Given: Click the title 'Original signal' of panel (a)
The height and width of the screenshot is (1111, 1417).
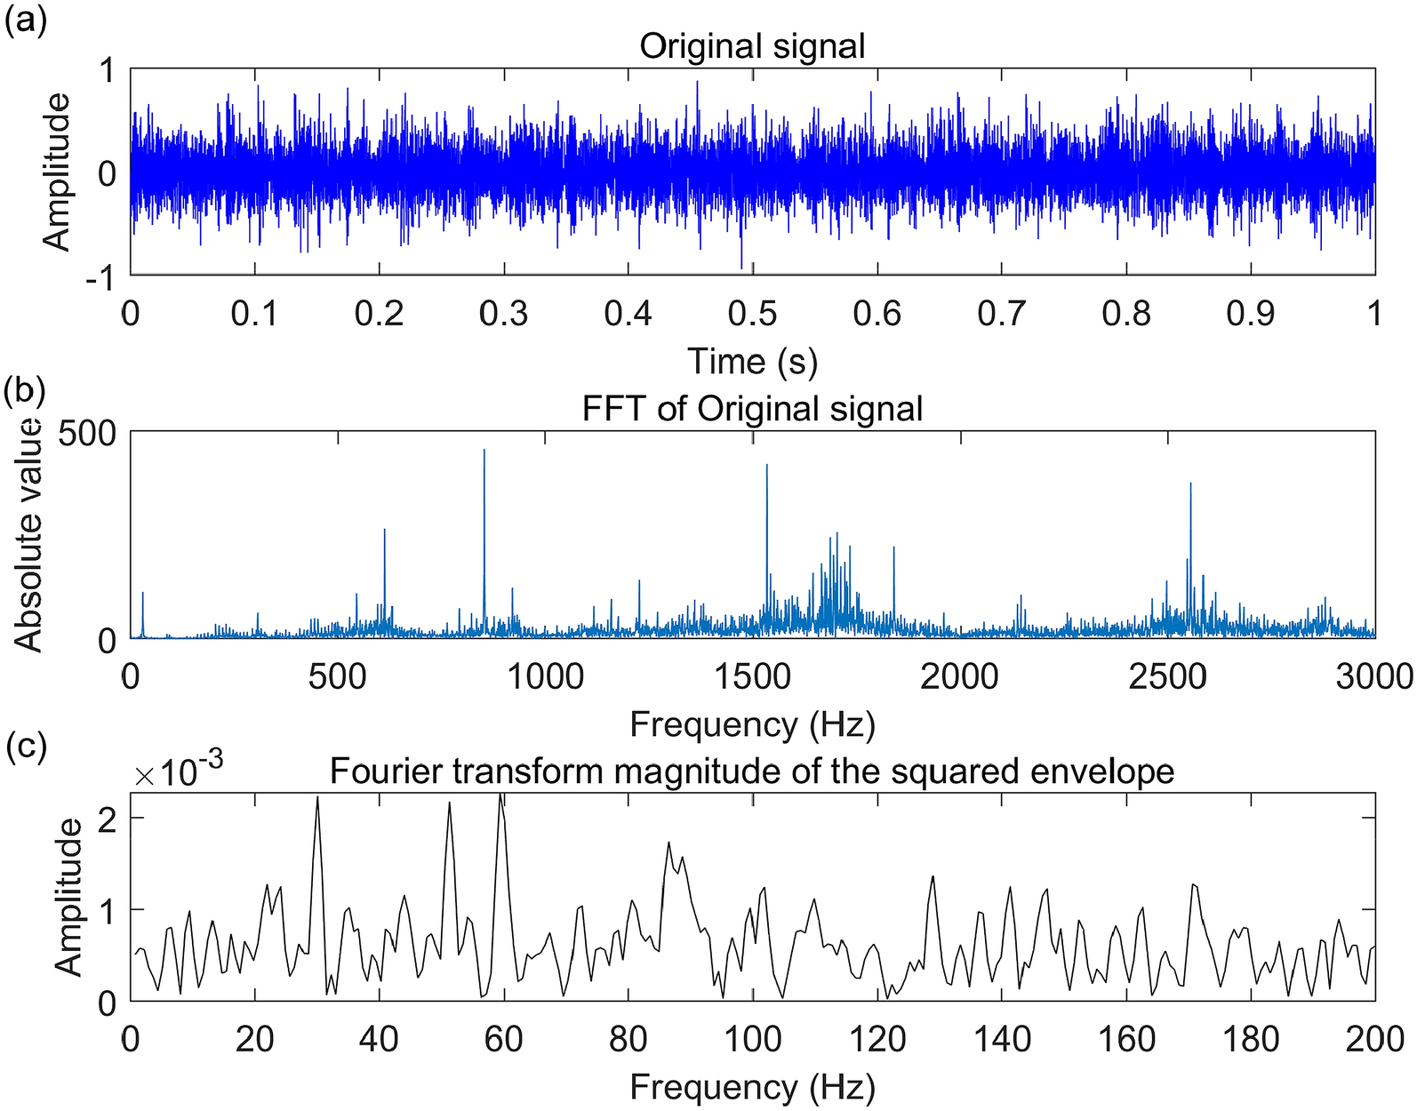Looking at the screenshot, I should tap(752, 46).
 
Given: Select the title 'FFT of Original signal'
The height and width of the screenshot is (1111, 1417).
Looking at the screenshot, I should tap(752, 409).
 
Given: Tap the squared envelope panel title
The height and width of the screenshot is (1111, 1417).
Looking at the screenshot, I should tap(752, 771).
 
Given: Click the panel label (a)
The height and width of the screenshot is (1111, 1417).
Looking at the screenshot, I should tap(24, 20).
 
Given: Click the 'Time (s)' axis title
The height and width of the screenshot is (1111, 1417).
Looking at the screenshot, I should tap(752, 362).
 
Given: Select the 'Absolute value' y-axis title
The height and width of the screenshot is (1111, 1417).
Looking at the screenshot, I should tap(29, 535).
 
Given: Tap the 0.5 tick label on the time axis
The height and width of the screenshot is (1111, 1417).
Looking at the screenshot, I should tap(752, 314).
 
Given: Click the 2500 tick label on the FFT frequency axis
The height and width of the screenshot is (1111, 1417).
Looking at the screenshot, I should tap(1166, 677).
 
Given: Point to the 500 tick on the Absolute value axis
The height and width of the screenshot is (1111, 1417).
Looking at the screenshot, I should tap(86, 434).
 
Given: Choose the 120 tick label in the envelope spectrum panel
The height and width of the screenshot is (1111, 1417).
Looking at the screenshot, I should tap(877, 1038).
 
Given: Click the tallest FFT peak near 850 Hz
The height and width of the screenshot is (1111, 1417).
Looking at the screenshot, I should tap(484, 451).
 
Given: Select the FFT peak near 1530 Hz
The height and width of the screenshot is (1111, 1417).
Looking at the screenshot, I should tap(767, 466).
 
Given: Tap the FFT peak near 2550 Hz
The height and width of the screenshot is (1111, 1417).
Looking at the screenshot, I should tap(1190, 484).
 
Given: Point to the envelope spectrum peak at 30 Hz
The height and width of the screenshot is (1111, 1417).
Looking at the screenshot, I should tap(317, 798).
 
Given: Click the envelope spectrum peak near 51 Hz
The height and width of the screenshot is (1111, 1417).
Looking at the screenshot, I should tap(450, 803).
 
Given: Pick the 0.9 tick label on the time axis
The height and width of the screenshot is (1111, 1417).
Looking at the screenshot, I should tap(1251, 314).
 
